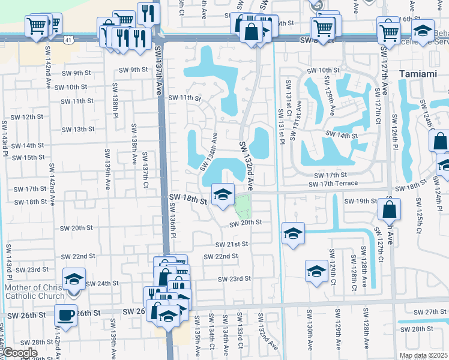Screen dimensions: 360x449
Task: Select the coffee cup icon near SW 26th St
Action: (65, 314)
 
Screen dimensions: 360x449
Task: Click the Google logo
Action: (19, 353)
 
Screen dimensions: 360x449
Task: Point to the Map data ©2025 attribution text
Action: (423, 355)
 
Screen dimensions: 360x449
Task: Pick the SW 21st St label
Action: (232, 244)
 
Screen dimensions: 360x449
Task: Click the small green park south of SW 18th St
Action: (243, 208)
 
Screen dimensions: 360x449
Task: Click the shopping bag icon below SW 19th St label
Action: (390, 209)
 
